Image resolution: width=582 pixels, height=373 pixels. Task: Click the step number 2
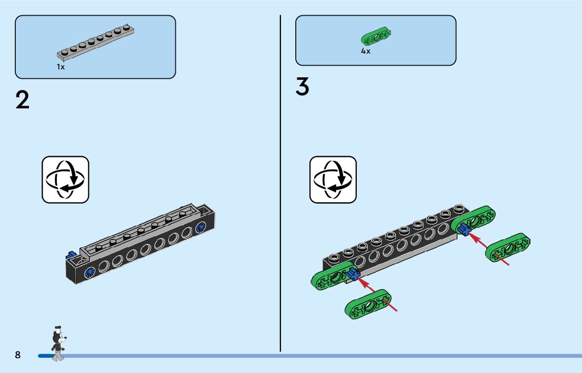pyautogui.click(x=23, y=100)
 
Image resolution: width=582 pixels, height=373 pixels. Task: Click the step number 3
pyautogui.click(x=302, y=87)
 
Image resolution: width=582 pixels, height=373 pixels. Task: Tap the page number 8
pyautogui.click(x=18, y=355)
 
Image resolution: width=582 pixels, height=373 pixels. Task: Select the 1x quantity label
pyautogui.click(x=61, y=67)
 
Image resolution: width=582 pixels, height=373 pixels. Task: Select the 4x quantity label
pyautogui.click(x=366, y=52)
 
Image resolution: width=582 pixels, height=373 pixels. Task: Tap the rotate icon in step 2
pyautogui.click(x=66, y=179)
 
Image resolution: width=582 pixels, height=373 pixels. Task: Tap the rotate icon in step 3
pyautogui.click(x=333, y=179)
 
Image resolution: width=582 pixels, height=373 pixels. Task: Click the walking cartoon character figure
pyautogui.click(x=57, y=345)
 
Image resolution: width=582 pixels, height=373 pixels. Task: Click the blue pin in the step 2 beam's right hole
pyautogui.click(x=200, y=227)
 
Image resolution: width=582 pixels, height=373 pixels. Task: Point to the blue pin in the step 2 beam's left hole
pyautogui.click(x=89, y=272)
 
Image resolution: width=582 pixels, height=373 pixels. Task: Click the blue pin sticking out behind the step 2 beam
pyautogui.click(x=72, y=256)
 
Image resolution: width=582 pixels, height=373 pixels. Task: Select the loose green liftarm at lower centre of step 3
pyautogui.click(x=368, y=304)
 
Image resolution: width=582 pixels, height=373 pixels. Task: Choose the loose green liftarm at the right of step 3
pyautogui.click(x=508, y=247)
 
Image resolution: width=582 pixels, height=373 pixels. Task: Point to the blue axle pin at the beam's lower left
pyautogui.click(x=352, y=274)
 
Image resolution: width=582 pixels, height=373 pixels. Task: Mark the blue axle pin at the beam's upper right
pyautogui.click(x=464, y=228)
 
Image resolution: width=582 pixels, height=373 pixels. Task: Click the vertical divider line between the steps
pyautogui.click(x=280, y=184)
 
